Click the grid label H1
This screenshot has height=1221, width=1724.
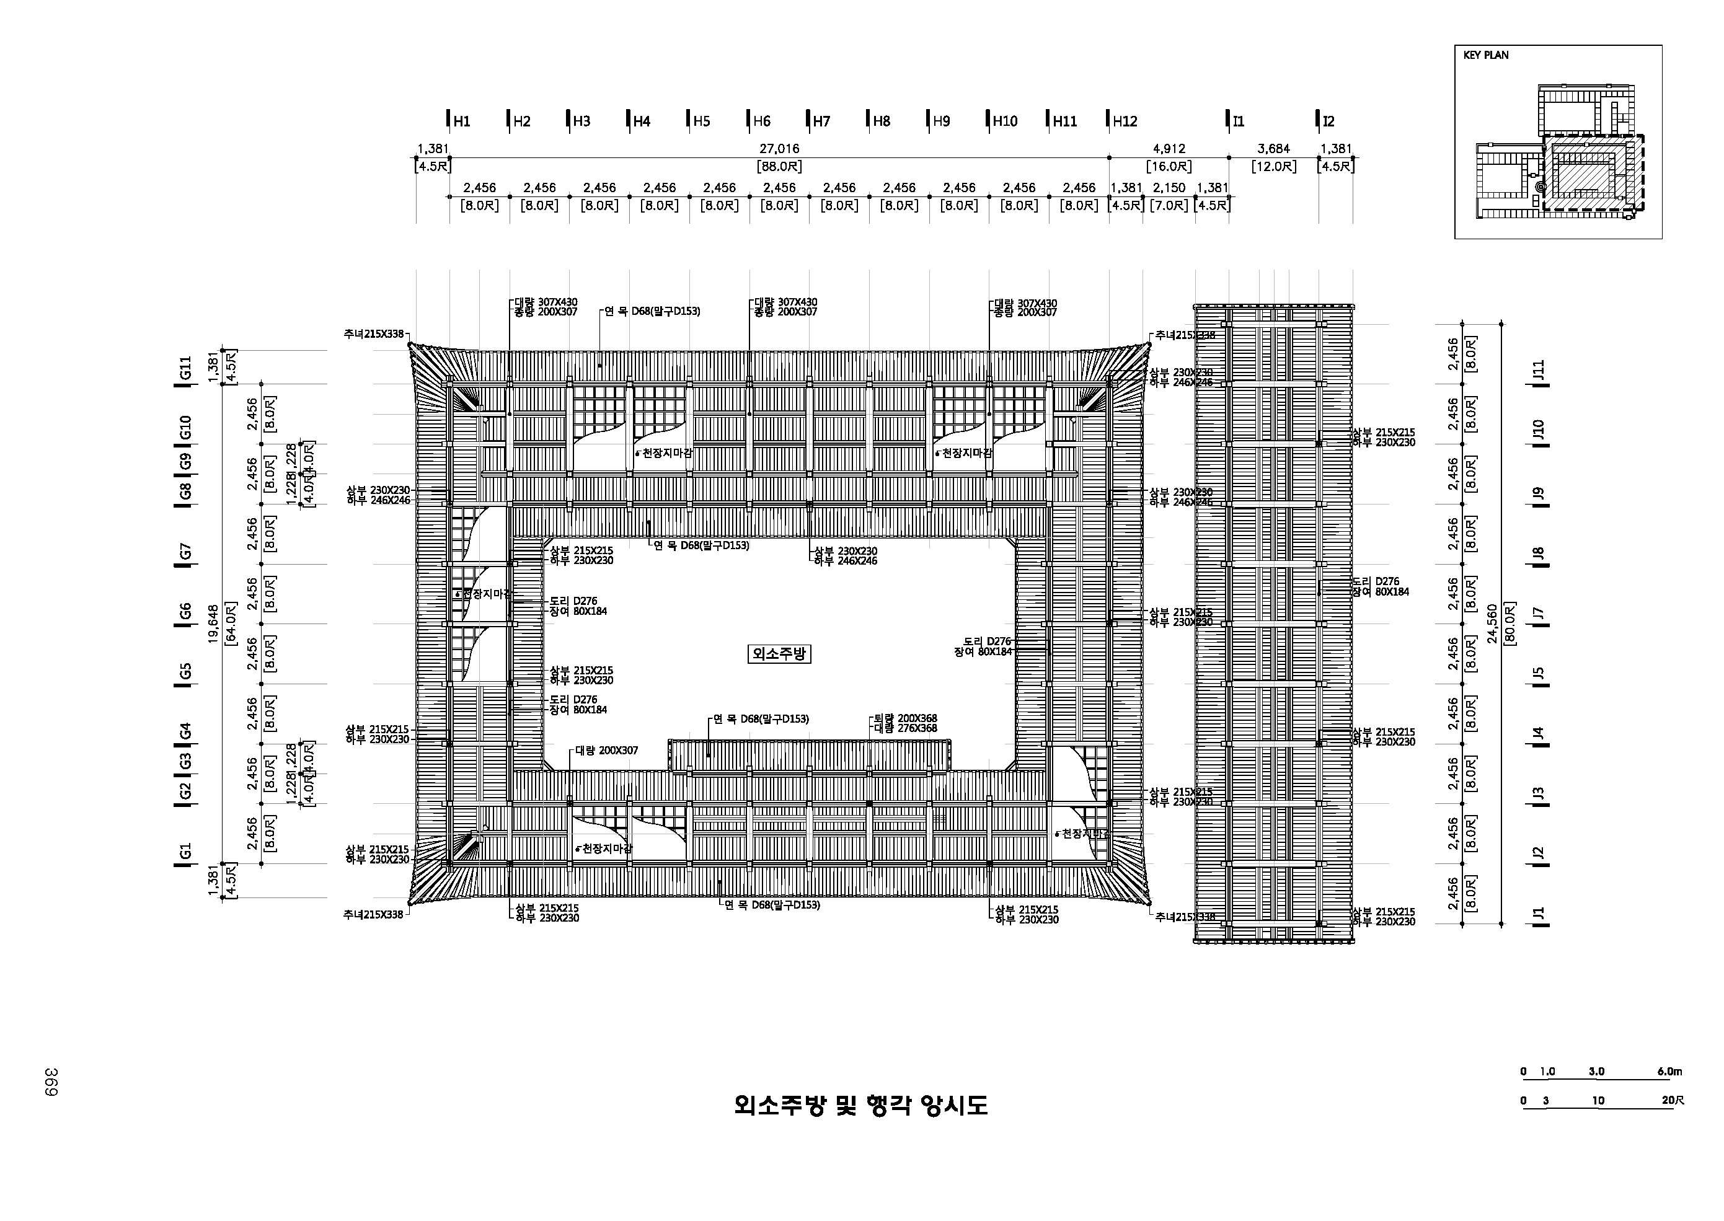[x=461, y=121]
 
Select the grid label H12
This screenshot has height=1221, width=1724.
[x=1125, y=121]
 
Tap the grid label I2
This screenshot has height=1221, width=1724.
[x=1328, y=121]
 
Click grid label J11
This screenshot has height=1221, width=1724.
[x=1538, y=370]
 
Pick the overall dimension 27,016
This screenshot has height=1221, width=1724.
[x=779, y=149]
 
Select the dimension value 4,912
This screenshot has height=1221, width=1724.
[x=1169, y=149]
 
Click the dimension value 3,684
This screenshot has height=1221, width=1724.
[x=1274, y=149]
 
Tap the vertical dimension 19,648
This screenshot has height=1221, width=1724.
[x=213, y=624]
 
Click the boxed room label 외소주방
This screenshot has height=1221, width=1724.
[x=779, y=654]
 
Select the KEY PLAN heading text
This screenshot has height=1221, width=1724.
[x=1486, y=55]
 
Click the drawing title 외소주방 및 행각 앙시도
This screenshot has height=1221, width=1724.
[x=861, y=1105]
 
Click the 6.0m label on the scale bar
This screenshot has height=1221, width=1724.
[x=1669, y=1072]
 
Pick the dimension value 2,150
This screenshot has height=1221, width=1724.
[x=1169, y=188]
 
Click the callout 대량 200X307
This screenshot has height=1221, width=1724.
[x=607, y=751]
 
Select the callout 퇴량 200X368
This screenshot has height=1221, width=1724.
[x=905, y=718]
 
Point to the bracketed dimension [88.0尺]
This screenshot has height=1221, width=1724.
[x=779, y=167]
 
